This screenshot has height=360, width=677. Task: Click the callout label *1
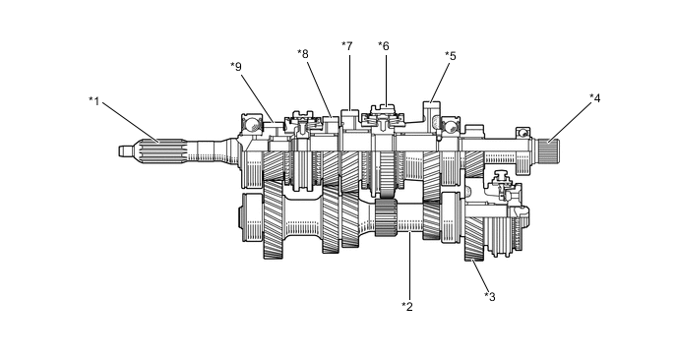(x=94, y=101)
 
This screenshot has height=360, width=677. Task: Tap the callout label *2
(x=407, y=307)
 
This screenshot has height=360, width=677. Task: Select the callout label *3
(x=490, y=296)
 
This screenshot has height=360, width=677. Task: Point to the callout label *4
(x=595, y=98)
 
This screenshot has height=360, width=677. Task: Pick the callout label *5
(x=451, y=56)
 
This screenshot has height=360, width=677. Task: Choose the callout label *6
(x=384, y=46)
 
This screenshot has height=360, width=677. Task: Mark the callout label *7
(x=347, y=46)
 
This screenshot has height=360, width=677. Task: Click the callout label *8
(x=303, y=54)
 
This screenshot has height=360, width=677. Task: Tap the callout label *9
(x=236, y=67)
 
